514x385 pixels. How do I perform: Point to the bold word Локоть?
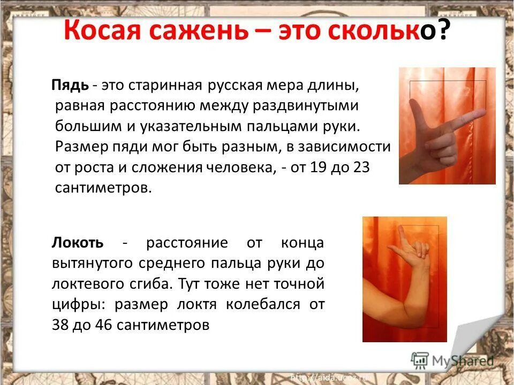78,242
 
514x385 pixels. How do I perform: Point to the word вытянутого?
94,263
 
